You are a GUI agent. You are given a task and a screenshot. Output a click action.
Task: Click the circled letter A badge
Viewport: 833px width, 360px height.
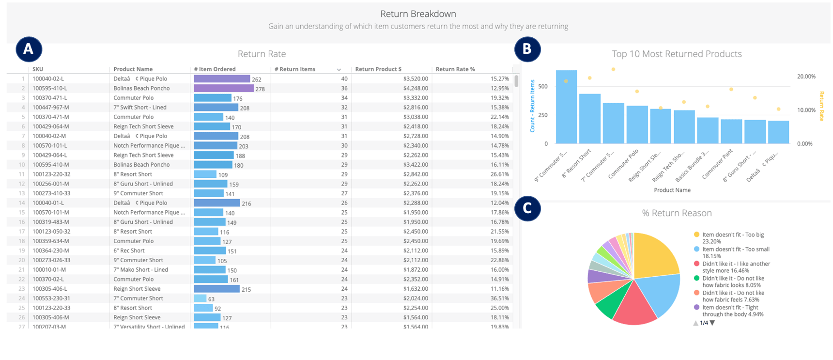click(x=29, y=49)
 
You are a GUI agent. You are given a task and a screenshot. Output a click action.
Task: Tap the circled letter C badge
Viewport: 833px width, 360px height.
click(x=527, y=208)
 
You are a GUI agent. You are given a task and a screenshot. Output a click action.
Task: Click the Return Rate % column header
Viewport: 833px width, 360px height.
click(x=455, y=69)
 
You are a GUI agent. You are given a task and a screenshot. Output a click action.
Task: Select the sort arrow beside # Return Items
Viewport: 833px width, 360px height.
click(x=339, y=70)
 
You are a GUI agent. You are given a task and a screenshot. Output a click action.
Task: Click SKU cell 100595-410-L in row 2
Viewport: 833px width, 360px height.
click(x=50, y=88)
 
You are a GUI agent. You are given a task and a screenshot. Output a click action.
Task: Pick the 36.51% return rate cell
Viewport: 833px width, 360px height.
click(x=499, y=298)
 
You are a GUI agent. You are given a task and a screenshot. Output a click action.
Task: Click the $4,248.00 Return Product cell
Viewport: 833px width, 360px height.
click(x=415, y=88)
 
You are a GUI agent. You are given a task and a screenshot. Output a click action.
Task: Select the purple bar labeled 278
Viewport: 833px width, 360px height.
click(x=223, y=88)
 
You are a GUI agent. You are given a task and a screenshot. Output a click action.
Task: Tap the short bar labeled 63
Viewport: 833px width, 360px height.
click(x=200, y=298)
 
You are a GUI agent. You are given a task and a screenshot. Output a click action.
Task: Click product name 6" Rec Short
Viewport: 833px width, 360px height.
click(x=129, y=250)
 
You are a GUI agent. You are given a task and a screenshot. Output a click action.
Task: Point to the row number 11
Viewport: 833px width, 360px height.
click(x=22, y=174)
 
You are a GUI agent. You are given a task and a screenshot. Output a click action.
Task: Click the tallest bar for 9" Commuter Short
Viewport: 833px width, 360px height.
click(x=566, y=107)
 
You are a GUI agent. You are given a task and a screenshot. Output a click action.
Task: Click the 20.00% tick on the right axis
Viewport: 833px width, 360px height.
click(x=806, y=77)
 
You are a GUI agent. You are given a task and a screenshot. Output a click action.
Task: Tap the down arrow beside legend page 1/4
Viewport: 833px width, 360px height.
click(x=712, y=323)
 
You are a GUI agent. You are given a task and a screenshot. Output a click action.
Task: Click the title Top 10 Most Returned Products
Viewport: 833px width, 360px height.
click(x=677, y=54)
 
